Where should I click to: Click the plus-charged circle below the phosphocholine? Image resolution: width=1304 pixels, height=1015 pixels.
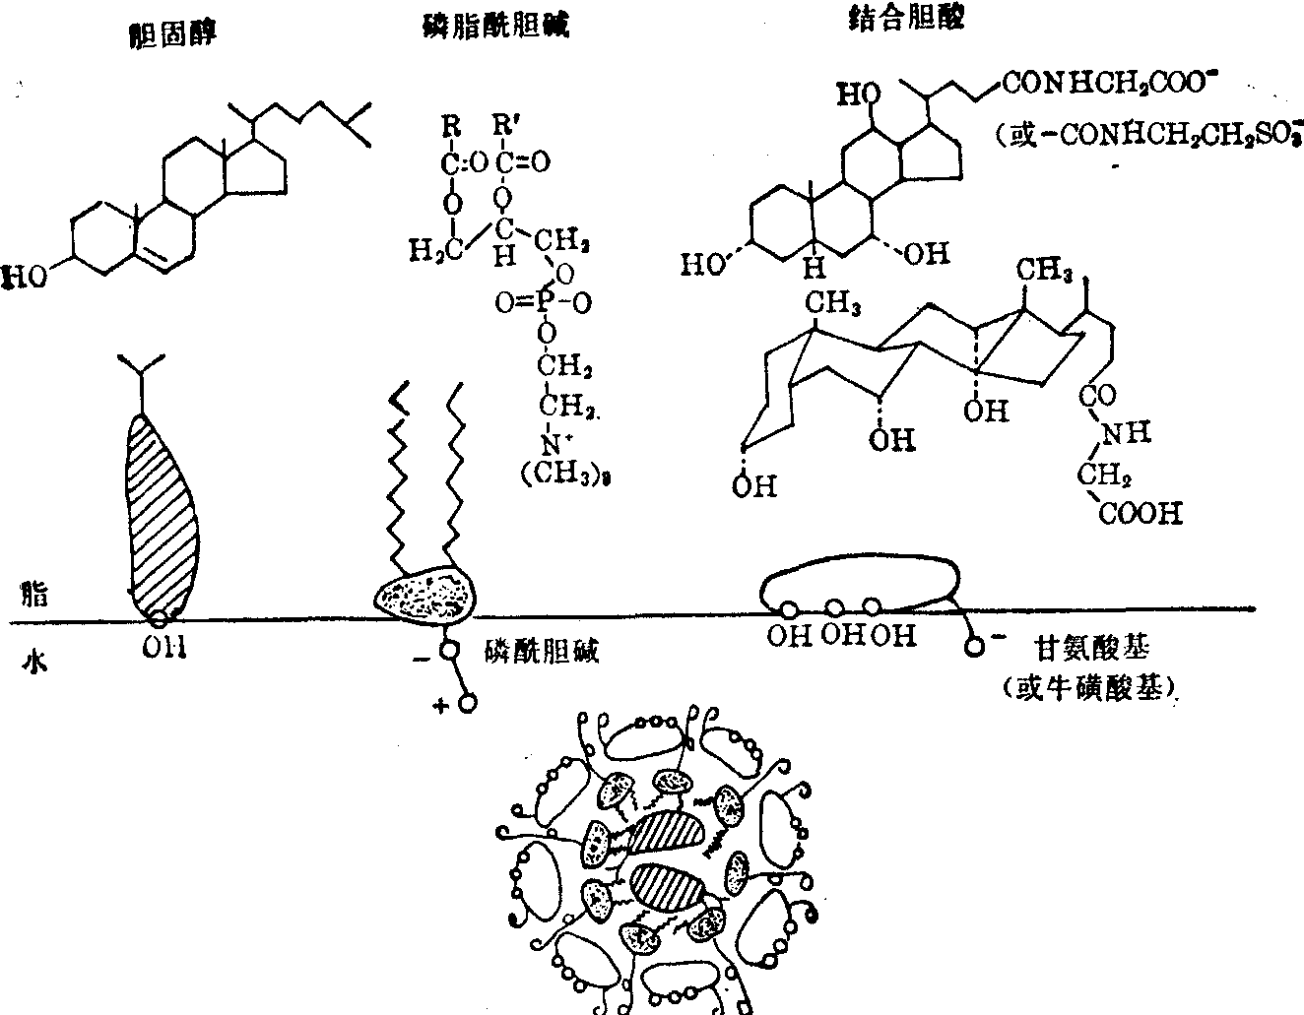[x=468, y=704]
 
